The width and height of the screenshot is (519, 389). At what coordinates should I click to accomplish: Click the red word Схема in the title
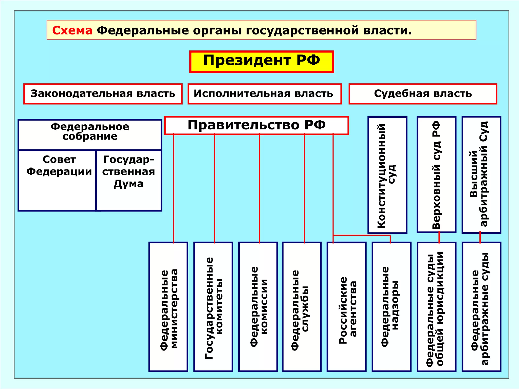[72, 30]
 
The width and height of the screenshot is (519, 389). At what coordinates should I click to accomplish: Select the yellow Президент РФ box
[261, 62]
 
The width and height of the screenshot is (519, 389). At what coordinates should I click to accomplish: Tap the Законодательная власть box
[103, 94]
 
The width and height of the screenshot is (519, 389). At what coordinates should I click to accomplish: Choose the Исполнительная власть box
[265, 94]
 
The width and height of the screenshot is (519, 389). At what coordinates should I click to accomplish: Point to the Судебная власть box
[423, 94]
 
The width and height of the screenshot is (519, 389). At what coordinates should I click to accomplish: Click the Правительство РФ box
[256, 125]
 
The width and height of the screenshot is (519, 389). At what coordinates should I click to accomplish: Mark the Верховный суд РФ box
[436, 175]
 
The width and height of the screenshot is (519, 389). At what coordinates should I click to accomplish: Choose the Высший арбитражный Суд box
[481, 175]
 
